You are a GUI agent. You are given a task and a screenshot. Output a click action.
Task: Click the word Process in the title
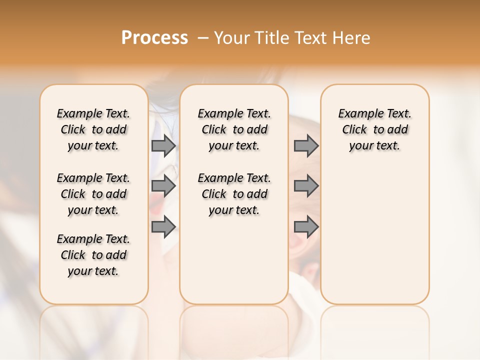(x=154, y=38)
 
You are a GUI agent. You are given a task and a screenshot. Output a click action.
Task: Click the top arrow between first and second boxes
(x=163, y=146)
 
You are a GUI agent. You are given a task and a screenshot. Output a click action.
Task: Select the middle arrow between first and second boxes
(x=163, y=186)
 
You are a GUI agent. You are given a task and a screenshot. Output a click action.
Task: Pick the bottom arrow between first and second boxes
(x=163, y=227)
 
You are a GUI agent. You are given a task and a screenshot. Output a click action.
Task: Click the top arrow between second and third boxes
(x=306, y=146)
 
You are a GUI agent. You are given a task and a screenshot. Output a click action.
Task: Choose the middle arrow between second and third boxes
(x=306, y=186)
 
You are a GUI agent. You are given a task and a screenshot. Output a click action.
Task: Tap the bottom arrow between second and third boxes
(x=306, y=227)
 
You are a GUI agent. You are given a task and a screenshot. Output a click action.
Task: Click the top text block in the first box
(x=93, y=129)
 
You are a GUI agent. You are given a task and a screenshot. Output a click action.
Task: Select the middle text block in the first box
(x=93, y=194)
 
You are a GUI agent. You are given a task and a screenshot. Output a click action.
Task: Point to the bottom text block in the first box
(x=93, y=255)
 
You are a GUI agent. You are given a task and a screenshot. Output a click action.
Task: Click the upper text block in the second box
(x=234, y=129)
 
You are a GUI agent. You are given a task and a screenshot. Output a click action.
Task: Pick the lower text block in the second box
(x=234, y=194)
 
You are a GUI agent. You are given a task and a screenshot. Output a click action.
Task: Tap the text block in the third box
(x=375, y=129)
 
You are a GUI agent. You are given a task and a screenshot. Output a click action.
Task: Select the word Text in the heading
(x=310, y=38)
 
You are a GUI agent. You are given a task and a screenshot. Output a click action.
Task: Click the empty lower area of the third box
(x=375, y=235)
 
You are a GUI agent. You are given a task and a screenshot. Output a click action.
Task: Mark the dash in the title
(x=203, y=38)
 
